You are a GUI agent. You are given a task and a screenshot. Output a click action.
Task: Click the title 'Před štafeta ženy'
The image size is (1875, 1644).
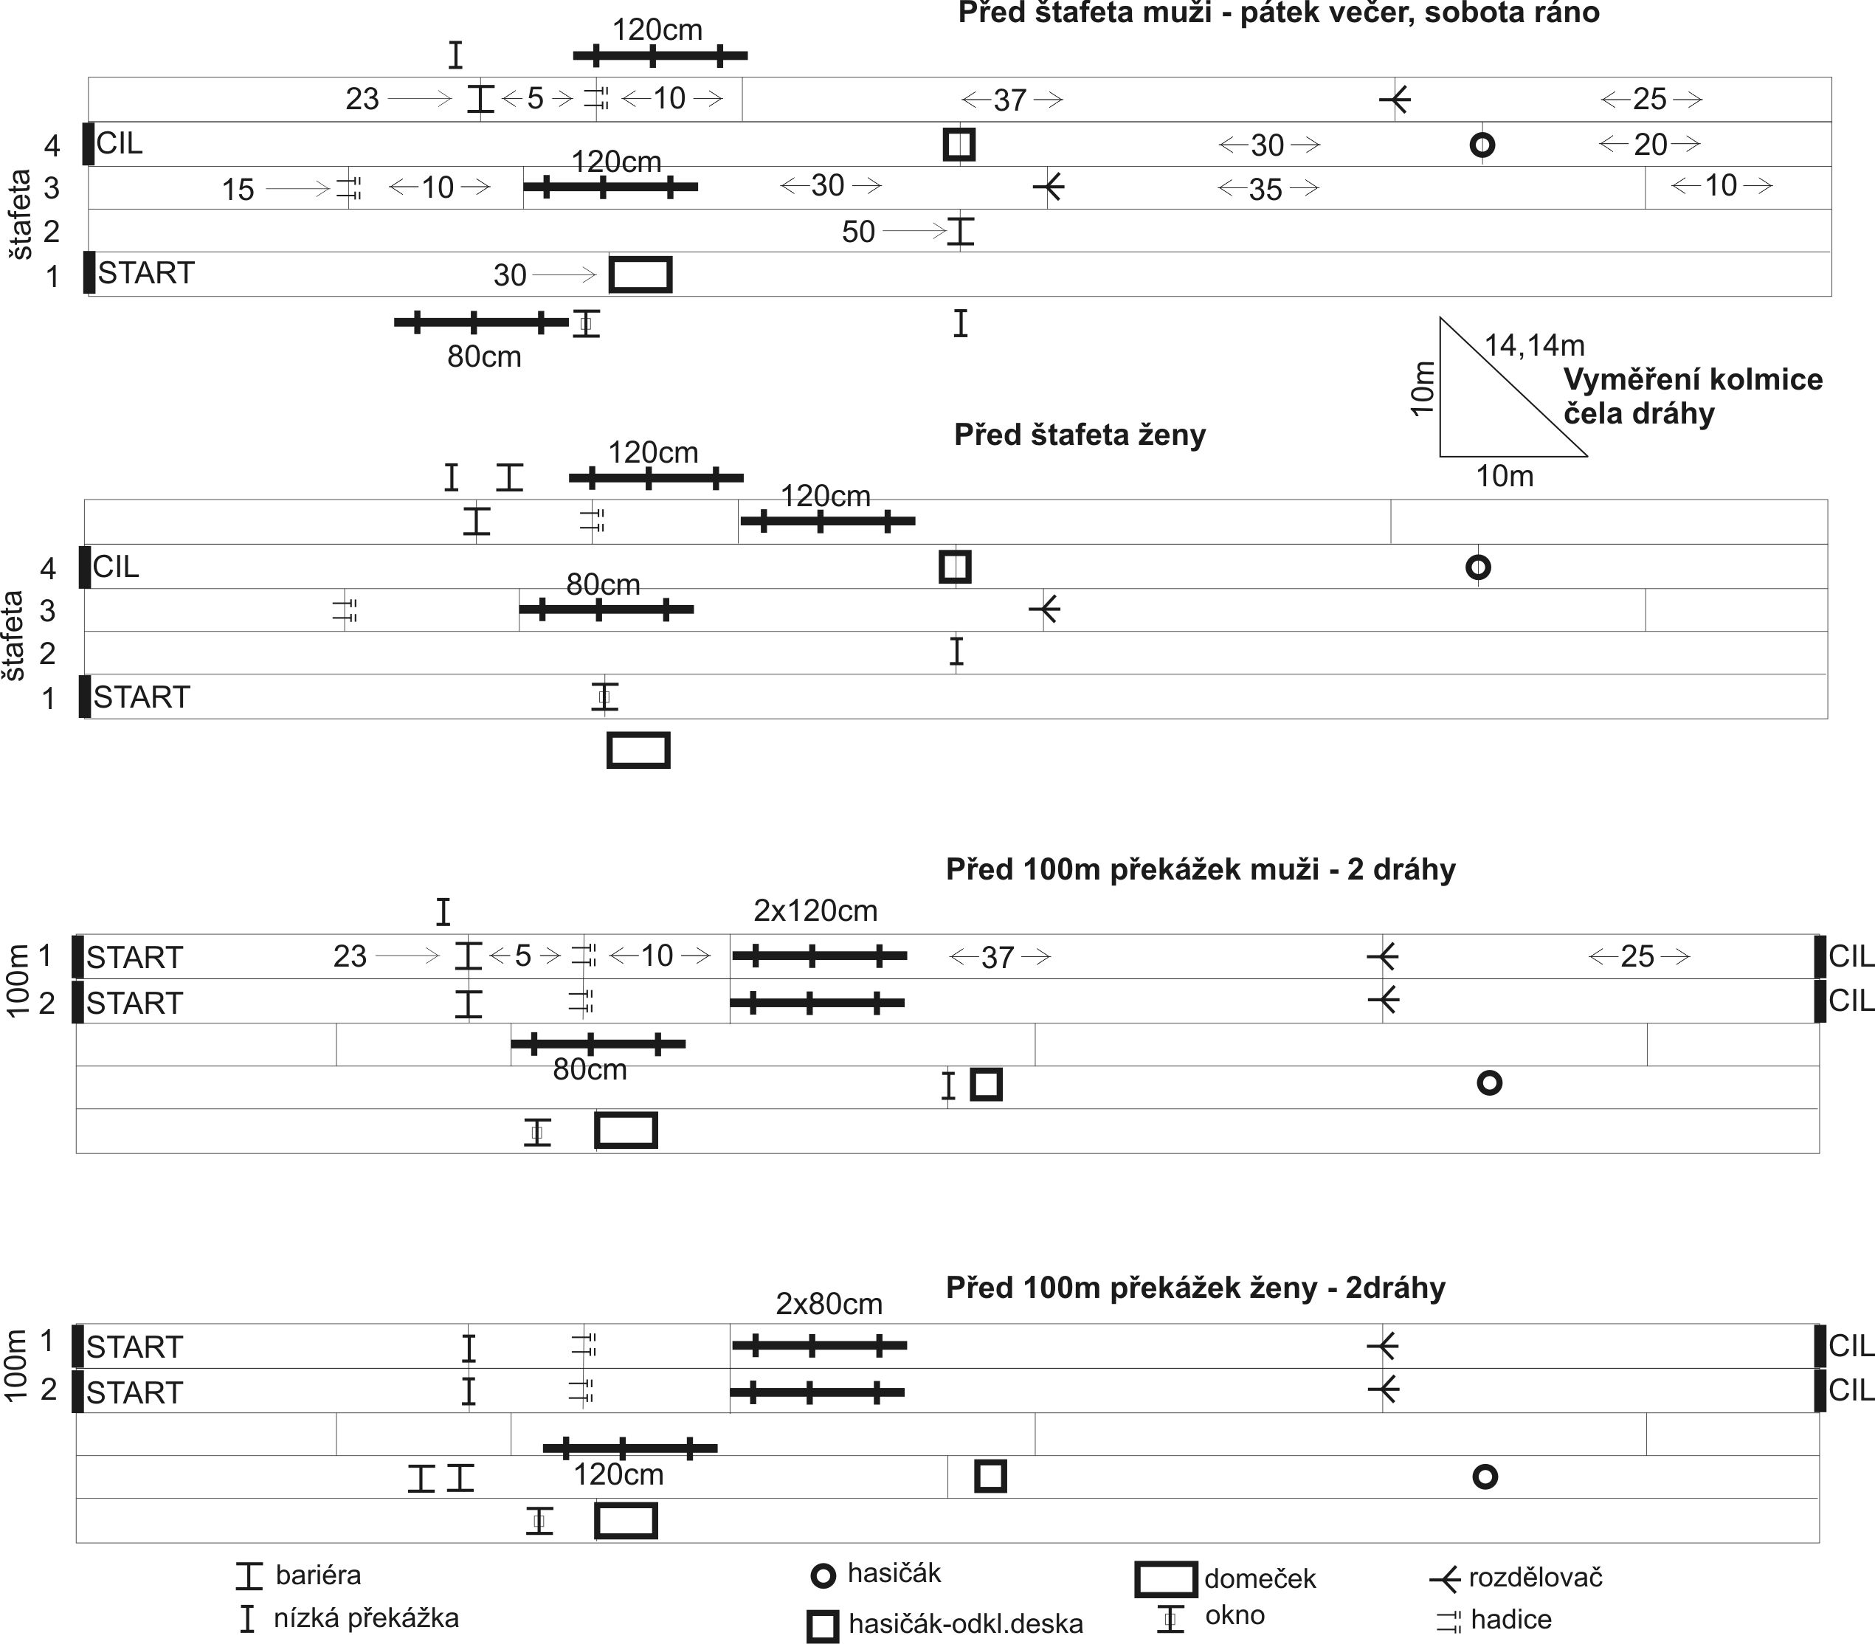tap(1080, 435)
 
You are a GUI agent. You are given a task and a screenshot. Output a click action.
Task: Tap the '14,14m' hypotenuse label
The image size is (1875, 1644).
tap(1535, 346)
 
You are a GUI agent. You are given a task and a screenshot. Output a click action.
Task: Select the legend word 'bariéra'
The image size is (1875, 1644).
tap(318, 1575)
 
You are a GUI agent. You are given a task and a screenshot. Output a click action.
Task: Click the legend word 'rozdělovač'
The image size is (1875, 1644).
tap(1536, 1577)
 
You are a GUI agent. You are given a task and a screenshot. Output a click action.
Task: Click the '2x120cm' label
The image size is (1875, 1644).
tap(815, 911)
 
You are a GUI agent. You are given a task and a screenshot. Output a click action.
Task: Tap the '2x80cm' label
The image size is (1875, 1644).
tap(829, 1304)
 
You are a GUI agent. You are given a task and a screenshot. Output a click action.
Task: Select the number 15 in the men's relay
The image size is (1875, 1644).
tap(238, 190)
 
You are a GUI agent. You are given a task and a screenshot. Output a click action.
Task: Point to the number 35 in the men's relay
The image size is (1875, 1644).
tap(1266, 190)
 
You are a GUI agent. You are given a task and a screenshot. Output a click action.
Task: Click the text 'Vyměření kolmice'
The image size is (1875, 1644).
tap(1693, 380)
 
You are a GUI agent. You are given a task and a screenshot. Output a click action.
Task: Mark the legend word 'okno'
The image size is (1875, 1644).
tap(1235, 1614)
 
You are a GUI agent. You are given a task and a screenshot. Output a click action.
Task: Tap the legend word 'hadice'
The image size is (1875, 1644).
tap(1510, 1619)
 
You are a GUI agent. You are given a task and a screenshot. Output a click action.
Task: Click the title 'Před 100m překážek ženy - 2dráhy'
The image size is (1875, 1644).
tap(1195, 1288)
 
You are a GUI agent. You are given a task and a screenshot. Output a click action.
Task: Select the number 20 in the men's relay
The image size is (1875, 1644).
tap(1650, 144)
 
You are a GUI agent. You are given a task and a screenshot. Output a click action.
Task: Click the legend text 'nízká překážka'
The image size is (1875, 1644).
tap(366, 1617)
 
